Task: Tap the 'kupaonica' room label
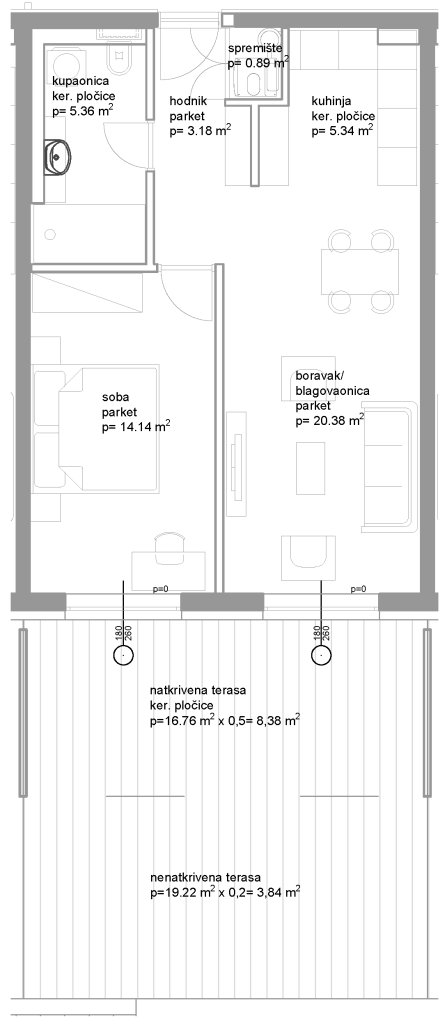(80, 83)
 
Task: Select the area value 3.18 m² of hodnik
(199, 131)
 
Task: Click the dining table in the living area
(359, 272)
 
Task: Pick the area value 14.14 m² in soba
(137, 427)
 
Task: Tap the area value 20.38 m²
(330, 421)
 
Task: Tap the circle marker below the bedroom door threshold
(123, 654)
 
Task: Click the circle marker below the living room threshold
(321, 654)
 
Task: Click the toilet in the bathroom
(121, 64)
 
